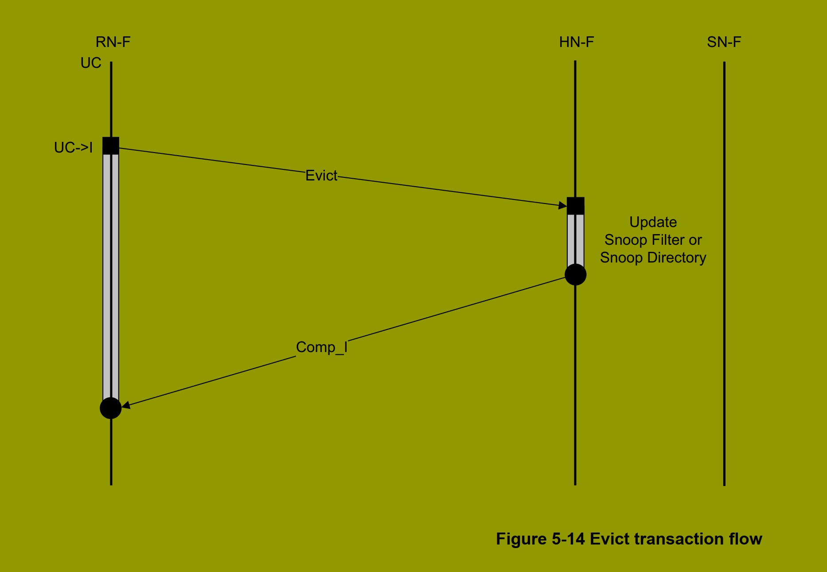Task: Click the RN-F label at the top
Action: click(x=113, y=42)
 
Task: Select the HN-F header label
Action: click(x=576, y=42)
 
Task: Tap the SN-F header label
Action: click(x=724, y=42)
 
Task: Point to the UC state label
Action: click(x=91, y=63)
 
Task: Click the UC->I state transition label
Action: click(x=73, y=148)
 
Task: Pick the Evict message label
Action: click(x=321, y=176)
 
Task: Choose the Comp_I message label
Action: click(x=321, y=347)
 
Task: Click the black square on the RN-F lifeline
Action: click(x=111, y=145)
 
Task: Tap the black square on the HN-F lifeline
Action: click(x=575, y=206)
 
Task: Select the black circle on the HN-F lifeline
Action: click(x=575, y=274)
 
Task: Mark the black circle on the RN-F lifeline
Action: click(x=111, y=408)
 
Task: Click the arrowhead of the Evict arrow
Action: click(x=563, y=205)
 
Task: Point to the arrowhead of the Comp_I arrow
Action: click(x=126, y=405)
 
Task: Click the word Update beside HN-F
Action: click(x=653, y=222)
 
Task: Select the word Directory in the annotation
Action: click(x=677, y=258)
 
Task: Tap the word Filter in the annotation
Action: click(x=669, y=240)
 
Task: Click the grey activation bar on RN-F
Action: click(x=111, y=275)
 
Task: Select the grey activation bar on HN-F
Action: click(x=575, y=239)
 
